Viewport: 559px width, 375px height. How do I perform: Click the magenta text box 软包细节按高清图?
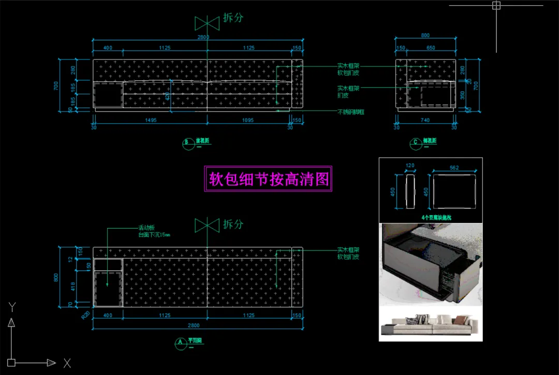[269, 179]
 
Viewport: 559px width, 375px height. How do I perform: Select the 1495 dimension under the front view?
[151, 120]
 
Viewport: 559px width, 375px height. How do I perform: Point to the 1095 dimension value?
[248, 120]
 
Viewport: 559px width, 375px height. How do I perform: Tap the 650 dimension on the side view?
[431, 48]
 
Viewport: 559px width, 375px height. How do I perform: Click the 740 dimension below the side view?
[425, 120]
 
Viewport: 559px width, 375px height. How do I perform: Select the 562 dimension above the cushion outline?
[454, 168]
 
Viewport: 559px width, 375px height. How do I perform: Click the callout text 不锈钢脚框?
[351, 112]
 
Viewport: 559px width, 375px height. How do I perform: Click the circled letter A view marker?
[180, 342]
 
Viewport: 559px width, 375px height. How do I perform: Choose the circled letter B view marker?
[187, 142]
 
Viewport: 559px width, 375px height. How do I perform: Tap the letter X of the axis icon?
[67, 363]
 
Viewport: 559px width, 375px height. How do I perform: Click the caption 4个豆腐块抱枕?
[436, 218]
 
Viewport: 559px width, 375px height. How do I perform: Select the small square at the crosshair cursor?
[496, 6]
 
